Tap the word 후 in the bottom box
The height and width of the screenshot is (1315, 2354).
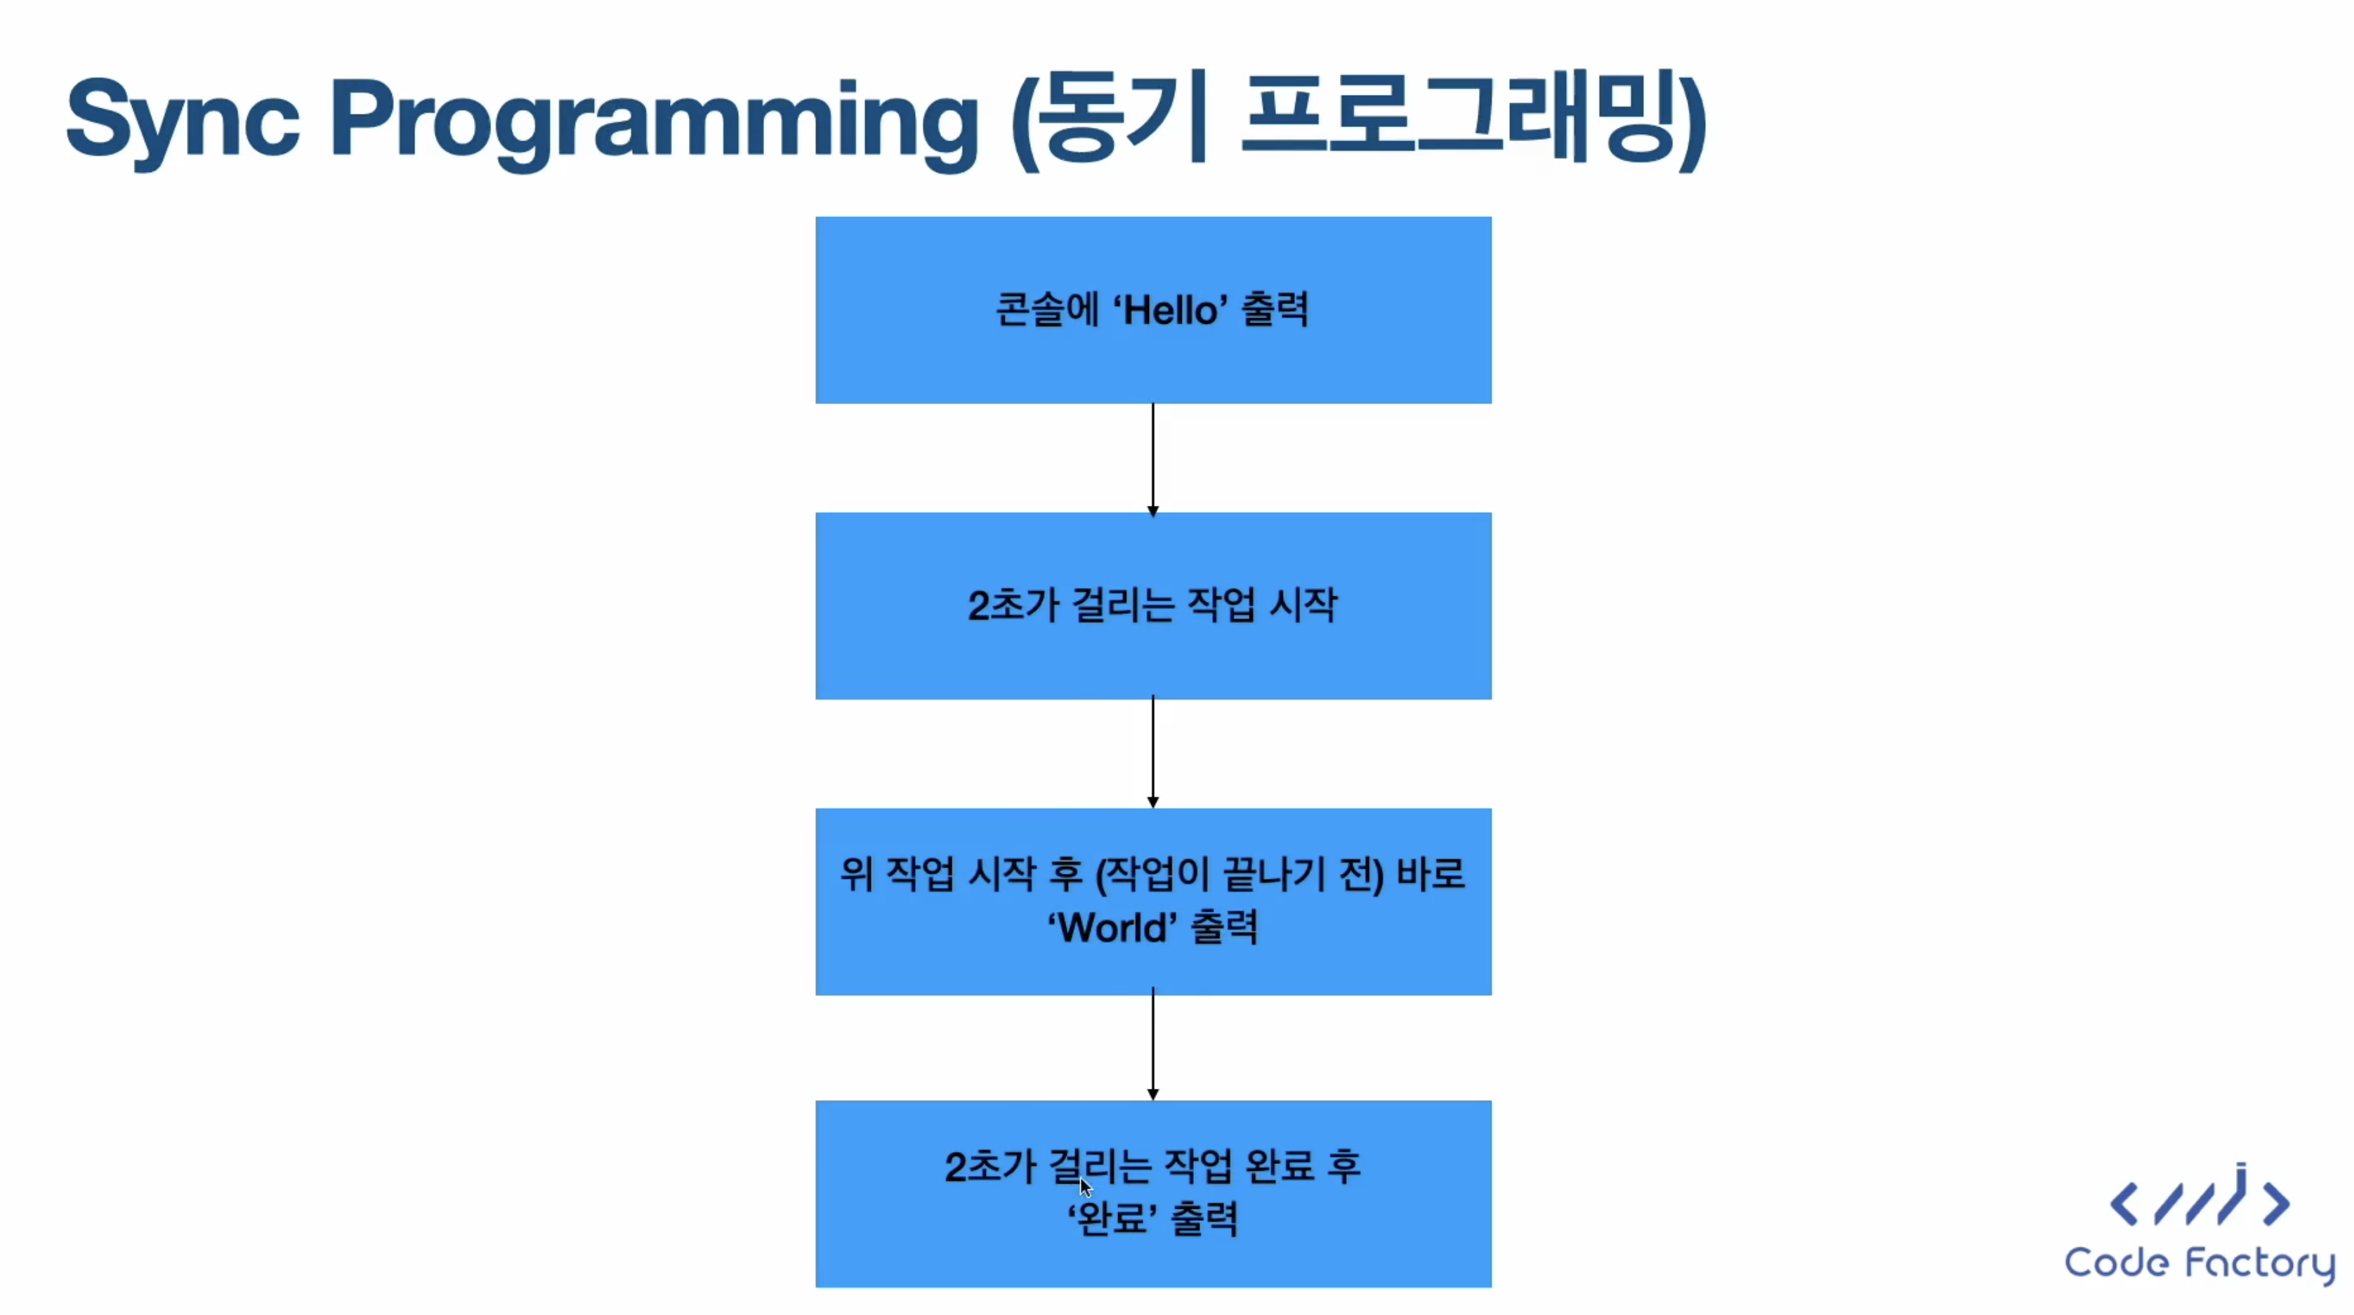(1344, 1166)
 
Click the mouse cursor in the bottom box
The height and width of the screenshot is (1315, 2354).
(1085, 1187)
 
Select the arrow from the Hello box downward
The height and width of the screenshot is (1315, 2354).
(1153, 459)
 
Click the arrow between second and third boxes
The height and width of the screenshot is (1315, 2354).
(1153, 752)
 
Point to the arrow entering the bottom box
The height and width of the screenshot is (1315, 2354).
(1153, 1044)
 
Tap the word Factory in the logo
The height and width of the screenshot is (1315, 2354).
(2260, 1264)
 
